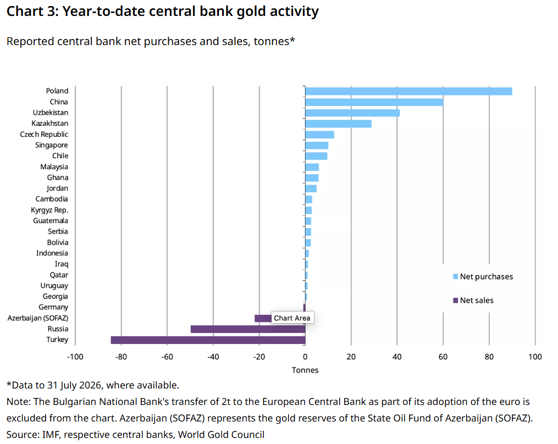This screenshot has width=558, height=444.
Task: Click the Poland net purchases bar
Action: (408, 91)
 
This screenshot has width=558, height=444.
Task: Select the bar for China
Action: (374, 102)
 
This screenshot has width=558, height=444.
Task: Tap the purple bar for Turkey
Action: (208, 340)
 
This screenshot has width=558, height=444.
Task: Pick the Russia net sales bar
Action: (248, 329)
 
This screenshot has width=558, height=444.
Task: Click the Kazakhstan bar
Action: (339, 124)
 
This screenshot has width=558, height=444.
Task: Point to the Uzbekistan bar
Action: (352, 113)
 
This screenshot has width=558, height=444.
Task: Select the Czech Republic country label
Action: (44, 135)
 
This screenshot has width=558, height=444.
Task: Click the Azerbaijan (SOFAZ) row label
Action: (38, 318)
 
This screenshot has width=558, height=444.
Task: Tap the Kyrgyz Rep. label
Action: (49, 210)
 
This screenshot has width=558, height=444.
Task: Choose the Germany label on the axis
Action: (53, 307)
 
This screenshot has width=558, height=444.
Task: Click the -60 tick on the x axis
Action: (167, 357)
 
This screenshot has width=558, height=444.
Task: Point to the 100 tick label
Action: (535, 357)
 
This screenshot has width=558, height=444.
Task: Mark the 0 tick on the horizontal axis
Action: (305, 357)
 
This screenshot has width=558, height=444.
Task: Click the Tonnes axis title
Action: (305, 370)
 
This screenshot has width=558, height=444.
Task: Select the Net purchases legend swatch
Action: (456, 276)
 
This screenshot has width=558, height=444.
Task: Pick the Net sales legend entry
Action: (473, 300)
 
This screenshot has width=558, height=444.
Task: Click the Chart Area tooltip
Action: (292, 318)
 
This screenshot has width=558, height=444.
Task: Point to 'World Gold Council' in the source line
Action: (221, 435)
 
